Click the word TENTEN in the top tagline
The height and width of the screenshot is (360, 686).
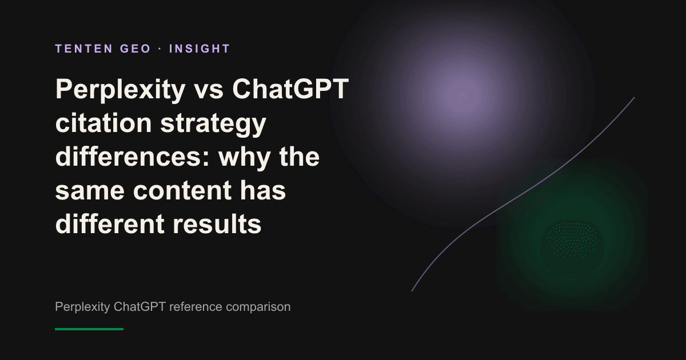[x=84, y=49]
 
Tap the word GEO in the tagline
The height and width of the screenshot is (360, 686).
[x=135, y=49]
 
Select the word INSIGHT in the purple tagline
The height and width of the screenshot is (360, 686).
[x=200, y=49]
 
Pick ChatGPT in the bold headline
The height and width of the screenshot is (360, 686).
[x=290, y=89]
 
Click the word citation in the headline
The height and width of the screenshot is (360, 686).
[x=103, y=123]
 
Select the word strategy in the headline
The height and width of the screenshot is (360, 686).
[x=213, y=125]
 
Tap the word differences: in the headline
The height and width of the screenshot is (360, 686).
[x=132, y=157]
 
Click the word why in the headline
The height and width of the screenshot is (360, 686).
[x=245, y=158]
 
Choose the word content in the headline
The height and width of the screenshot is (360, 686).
[x=182, y=191]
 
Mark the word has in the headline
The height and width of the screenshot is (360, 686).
[x=263, y=190]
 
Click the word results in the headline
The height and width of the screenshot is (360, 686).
[x=217, y=223]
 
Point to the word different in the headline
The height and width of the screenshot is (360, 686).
[x=110, y=223]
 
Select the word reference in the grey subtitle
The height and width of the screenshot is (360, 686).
[x=196, y=307]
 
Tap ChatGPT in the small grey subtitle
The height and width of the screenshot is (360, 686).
[x=139, y=307]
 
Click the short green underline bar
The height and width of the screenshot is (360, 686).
[x=89, y=329]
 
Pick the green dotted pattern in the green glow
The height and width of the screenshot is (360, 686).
[x=572, y=239]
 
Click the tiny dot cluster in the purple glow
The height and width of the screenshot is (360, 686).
[x=462, y=96]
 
